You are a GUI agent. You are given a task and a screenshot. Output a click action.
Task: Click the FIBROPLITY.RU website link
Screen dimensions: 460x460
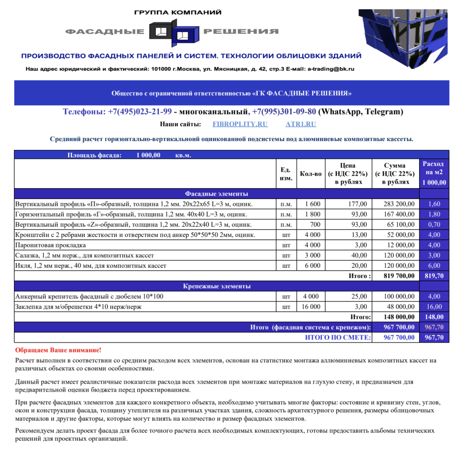(x=240, y=124)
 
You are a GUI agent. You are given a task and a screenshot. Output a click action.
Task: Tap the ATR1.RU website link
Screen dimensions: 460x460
(x=300, y=124)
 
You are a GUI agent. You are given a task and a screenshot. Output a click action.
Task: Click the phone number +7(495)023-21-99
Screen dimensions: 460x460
(x=140, y=112)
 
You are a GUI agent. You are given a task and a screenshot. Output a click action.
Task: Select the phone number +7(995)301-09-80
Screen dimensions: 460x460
(x=284, y=112)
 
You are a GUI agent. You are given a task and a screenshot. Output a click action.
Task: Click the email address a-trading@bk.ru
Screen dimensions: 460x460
(x=331, y=69)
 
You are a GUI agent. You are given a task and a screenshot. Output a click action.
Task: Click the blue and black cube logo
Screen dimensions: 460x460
(x=174, y=32)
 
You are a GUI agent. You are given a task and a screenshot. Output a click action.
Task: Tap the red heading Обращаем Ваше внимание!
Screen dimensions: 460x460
(x=58, y=350)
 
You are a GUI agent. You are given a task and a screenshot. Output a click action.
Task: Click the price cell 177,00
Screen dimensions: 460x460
(x=357, y=204)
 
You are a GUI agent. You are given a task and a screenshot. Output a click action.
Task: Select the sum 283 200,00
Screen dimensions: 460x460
(x=399, y=204)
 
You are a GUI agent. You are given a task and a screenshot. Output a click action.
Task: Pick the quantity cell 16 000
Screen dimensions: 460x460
(x=311, y=307)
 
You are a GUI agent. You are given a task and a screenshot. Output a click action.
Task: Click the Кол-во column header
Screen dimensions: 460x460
(x=311, y=174)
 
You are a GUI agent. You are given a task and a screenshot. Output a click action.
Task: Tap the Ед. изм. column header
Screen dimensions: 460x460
(x=286, y=174)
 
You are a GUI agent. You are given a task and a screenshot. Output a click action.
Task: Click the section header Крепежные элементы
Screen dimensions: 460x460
(x=217, y=286)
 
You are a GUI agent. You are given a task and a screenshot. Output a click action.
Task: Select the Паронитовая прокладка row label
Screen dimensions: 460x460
(x=50, y=245)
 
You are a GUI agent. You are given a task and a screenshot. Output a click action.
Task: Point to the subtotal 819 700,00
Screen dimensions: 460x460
(x=399, y=276)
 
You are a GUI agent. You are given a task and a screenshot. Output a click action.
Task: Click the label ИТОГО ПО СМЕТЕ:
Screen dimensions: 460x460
(x=338, y=338)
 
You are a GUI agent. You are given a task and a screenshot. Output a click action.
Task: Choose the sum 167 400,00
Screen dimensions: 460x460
(x=399, y=214)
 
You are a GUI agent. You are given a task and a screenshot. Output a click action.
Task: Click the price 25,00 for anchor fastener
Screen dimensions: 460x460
(x=359, y=297)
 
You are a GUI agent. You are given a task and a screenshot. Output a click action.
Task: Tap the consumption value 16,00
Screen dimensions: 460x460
(x=434, y=307)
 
